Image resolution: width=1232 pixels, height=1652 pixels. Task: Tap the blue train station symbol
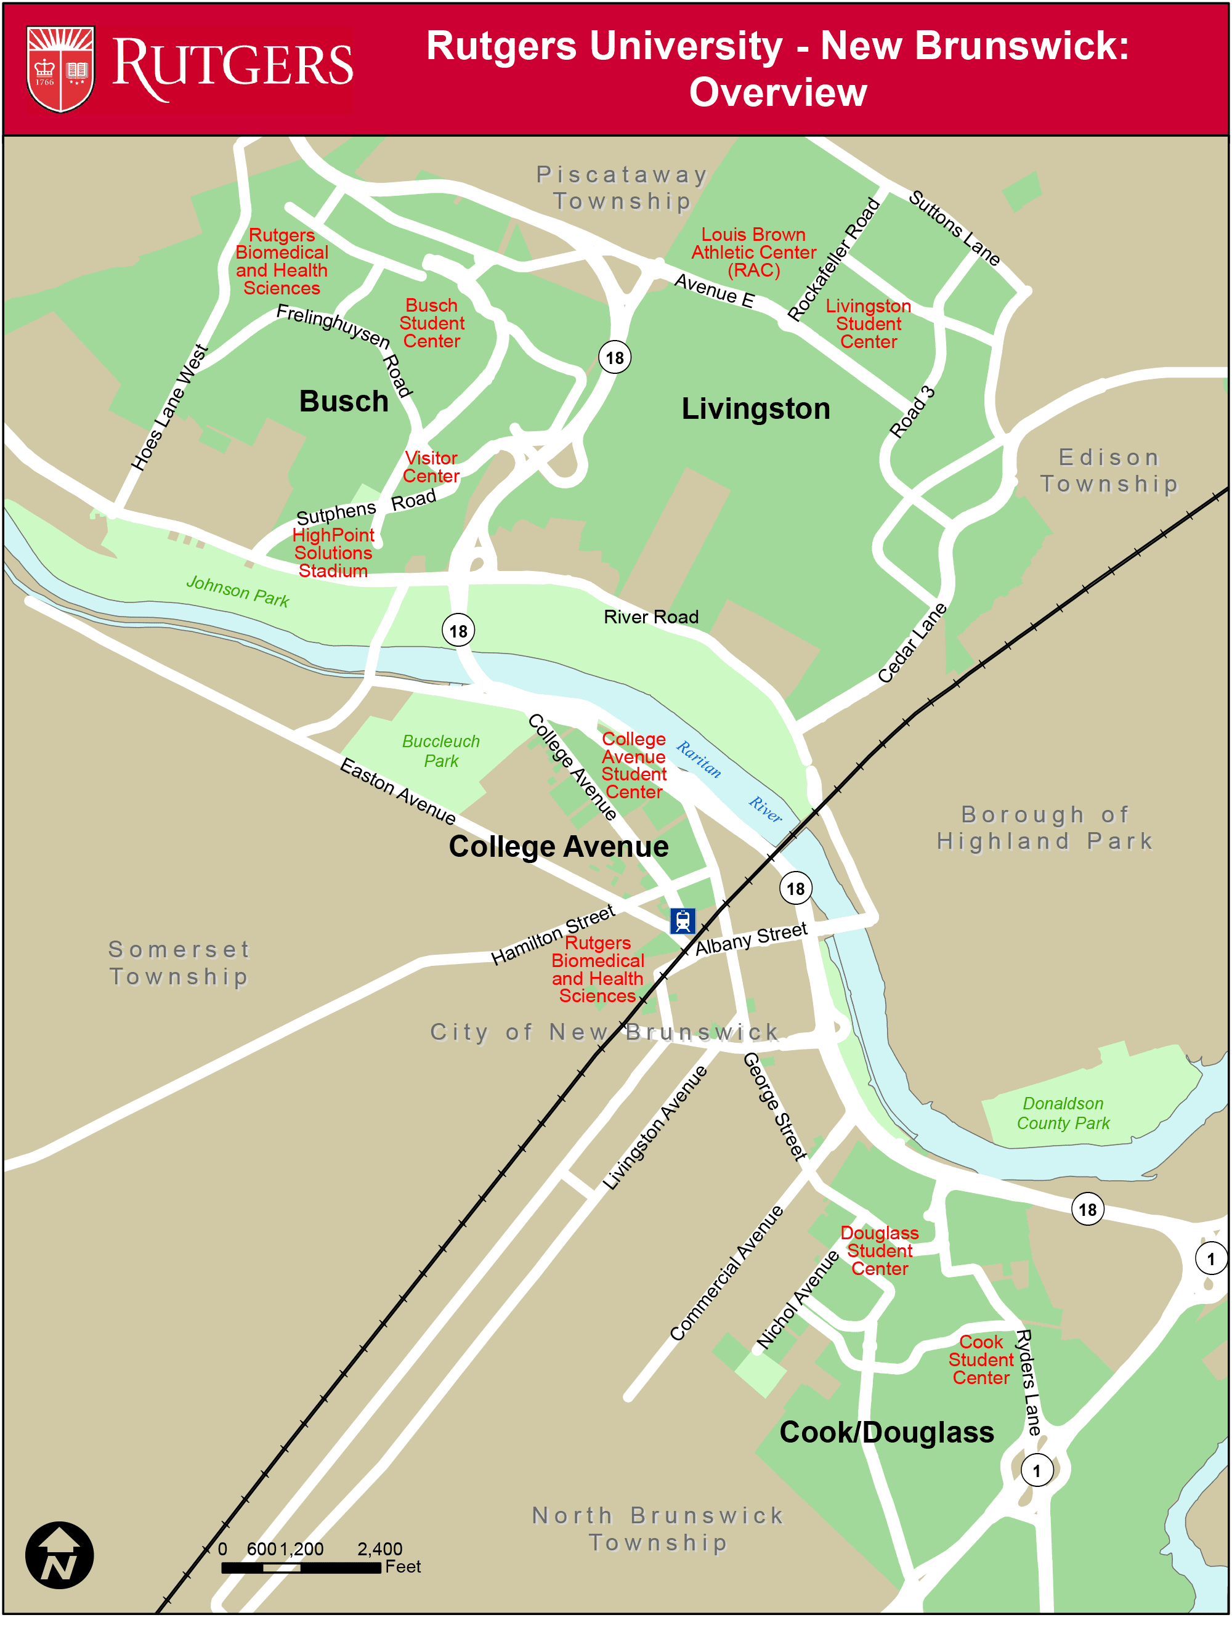pyautogui.click(x=682, y=921)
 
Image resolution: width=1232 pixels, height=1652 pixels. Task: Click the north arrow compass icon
pyautogui.click(x=60, y=1555)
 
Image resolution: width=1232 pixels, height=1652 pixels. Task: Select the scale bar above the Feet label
pyautogui.click(x=301, y=1568)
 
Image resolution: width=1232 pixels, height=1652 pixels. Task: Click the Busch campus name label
pyautogui.click(x=344, y=401)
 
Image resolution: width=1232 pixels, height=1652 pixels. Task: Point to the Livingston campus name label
pyautogui.click(x=755, y=408)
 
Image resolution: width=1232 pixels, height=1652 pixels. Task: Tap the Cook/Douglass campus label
pyautogui.click(x=886, y=1432)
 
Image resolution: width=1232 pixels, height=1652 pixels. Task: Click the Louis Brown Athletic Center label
pyautogui.click(x=753, y=253)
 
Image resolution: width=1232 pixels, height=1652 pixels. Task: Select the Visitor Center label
pyautogui.click(x=431, y=468)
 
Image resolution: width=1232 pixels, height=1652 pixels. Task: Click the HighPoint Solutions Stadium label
pyautogui.click(x=333, y=553)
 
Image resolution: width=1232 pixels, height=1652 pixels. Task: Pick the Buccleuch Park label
pyautogui.click(x=440, y=751)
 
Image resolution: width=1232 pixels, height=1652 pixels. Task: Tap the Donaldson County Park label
pyautogui.click(x=1063, y=1113)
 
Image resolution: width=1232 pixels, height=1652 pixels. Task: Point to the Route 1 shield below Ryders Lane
pyautogui.click(x=1036, y=1471)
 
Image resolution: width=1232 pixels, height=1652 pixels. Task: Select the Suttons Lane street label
pyautogui.click(x=954, y=228)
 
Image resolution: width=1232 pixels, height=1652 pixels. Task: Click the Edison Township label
pyautogui.click(x=1109, y=471)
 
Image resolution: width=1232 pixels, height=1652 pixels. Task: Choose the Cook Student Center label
pyautogui.click(x=981, y=1360)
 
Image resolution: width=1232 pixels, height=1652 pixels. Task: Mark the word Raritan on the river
pyautogui.click(x=699, y=759)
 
